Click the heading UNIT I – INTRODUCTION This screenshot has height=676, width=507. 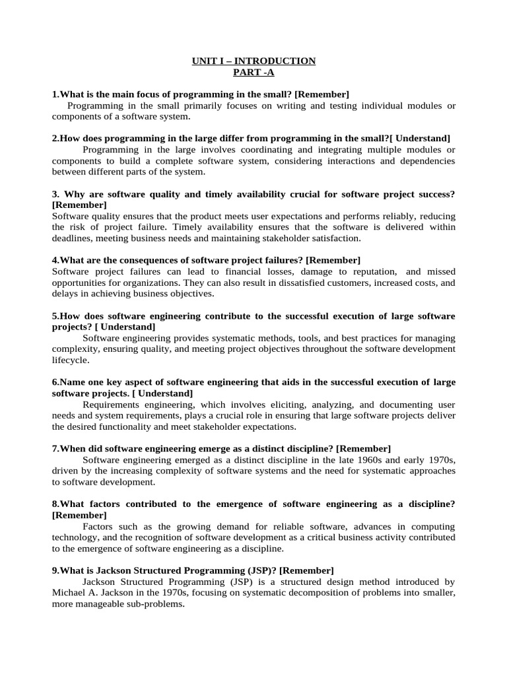[253, 61]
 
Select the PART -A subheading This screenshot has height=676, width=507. [253, 73]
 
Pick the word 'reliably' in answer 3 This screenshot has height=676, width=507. [399, 216]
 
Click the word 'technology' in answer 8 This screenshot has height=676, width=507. [75, 537]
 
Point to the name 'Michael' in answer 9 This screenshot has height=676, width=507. [69, 593]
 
